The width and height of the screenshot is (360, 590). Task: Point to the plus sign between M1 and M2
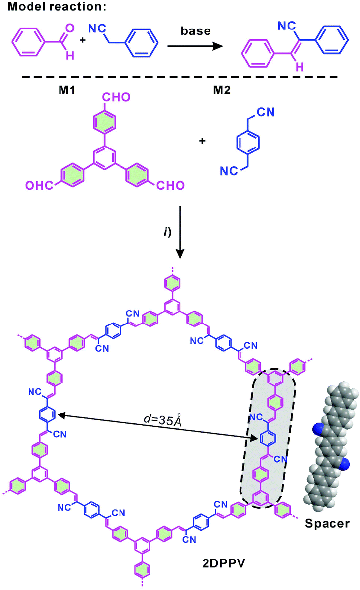point(202,141)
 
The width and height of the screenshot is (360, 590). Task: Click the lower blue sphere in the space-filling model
point(344,463)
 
